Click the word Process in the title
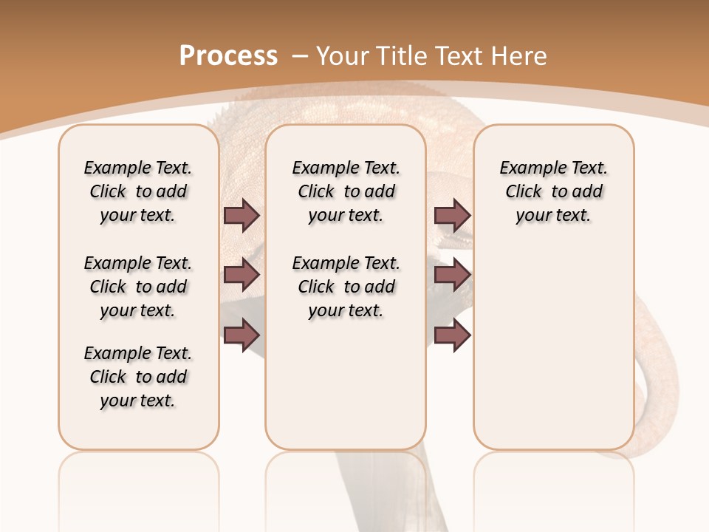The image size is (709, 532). tap(228, 55)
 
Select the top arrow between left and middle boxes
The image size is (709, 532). tap(242, 215)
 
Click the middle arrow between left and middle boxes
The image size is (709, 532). tap(242, 275)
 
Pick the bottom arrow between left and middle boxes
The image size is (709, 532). tap(242, 335)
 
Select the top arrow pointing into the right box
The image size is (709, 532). tap(452, 215)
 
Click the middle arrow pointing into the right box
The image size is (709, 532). tap(452, 275)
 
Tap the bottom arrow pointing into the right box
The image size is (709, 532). tap(452, 335)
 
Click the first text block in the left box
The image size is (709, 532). tap(138, 191)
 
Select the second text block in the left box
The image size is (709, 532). tap(138, 287)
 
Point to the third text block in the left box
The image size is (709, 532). tap(138, 377)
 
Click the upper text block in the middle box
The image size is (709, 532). tap(346, 191)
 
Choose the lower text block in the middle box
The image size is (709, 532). tap(346, 287)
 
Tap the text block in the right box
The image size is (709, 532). tap(553, 191)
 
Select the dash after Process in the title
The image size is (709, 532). tap(300, 56)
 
